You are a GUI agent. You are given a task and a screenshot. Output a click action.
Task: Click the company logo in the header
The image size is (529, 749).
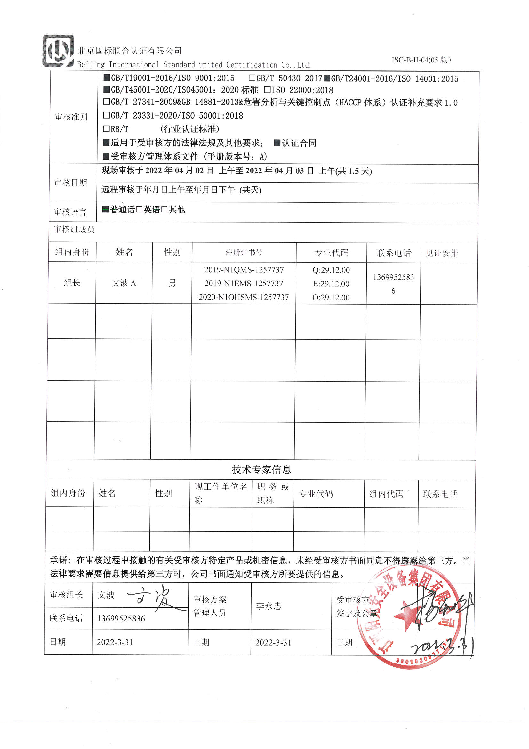coord(58,51)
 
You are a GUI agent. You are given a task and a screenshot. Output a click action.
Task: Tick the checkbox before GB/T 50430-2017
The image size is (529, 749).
coord(252,78)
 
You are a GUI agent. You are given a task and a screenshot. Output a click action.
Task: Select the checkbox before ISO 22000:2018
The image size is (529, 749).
coord(267,90)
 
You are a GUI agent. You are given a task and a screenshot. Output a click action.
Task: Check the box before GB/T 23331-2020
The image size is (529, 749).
coord(106,115)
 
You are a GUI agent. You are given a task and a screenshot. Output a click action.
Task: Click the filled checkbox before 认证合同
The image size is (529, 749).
coord(277,143)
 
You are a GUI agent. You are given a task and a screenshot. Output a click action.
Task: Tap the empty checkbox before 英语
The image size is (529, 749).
coord(140,210)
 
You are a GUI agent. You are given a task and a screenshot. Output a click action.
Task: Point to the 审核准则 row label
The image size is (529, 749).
coord(71,117)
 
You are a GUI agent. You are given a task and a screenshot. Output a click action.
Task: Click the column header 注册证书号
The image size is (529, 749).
coord(244,252)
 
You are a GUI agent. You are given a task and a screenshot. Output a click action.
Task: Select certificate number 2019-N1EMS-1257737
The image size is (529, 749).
coord(244,283)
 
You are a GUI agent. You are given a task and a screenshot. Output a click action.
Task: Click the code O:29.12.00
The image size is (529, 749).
coord(331,298)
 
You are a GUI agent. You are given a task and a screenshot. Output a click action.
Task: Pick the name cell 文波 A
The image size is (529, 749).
coord(124,283)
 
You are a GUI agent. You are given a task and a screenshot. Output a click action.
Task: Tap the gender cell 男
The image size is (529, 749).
coord(172,283)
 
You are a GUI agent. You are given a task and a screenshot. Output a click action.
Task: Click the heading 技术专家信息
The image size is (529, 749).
coord(261,469)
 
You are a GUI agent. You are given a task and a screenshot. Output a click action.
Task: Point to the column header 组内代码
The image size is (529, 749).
coord(386,494)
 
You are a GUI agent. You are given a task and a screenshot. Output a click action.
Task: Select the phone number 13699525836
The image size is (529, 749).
coord(121,619)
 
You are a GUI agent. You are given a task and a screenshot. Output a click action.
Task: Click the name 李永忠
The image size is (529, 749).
coord(269,606)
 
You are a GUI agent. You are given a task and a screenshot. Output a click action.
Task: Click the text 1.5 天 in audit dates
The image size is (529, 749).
coord(360,171)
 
